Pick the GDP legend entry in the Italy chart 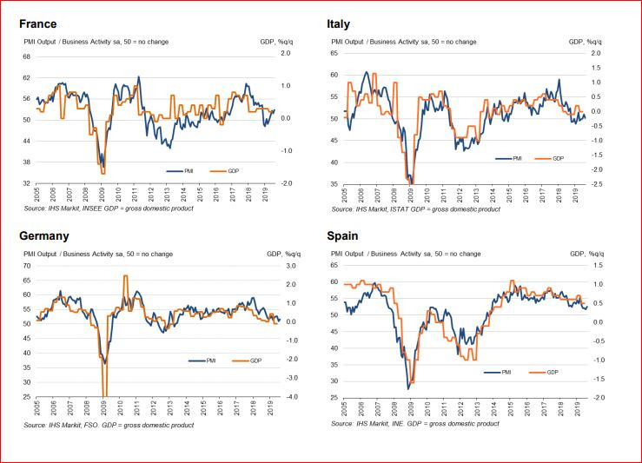pyautogui.click(x=557, y=159)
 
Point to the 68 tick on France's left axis pyautogui.click(x=26, y=56)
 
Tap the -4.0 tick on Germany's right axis pyautogui.click(x=291, y=397)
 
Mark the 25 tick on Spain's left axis pyautogui.click(x=335, y=398)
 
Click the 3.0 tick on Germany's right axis pyautogui.click(x=291, y=266)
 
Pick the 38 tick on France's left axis pyautogui.click(x=26, y=162)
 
